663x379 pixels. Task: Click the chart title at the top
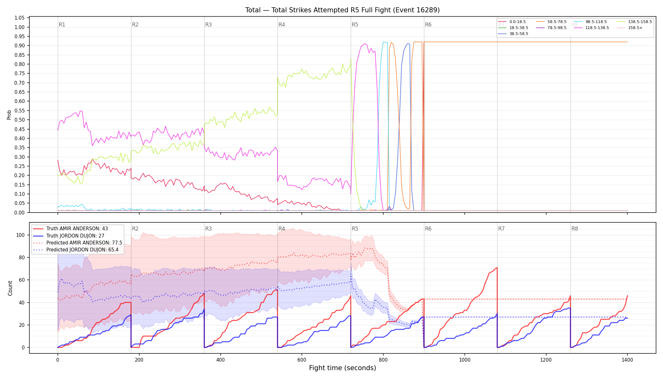[343, 10]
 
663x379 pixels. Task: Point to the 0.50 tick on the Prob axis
[20, 120]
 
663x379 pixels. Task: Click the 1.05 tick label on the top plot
[20, 18]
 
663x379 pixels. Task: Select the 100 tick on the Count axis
[21, 235]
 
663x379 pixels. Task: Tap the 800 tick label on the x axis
[383, 360]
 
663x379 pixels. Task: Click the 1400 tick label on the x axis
[627, 360]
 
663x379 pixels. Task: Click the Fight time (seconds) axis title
[343, 368]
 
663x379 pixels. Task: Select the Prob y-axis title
[9, 115]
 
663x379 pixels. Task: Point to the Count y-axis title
[10, 288]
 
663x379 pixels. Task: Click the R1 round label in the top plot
[62, 25]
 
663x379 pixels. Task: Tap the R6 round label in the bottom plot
[428, 229]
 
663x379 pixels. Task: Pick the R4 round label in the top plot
[282, 25]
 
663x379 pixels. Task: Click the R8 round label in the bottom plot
[575, 229]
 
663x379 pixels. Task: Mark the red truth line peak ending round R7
[497, 268]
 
